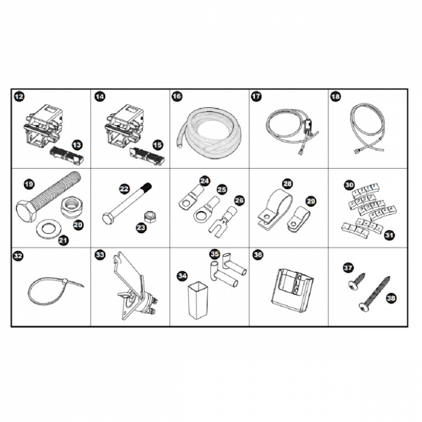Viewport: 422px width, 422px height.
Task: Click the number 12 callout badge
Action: (19, 96)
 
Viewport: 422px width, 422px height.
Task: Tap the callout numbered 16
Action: (176, 96)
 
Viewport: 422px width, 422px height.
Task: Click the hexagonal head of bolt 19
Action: (26, 212)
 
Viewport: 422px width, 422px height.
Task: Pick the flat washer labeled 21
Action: (49, 229)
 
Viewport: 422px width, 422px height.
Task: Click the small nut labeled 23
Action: (149, 217)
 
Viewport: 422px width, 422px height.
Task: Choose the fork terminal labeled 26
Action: (223, 222)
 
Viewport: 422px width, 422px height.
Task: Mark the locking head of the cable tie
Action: (65, 282)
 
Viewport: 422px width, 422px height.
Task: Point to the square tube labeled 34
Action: (198, 300)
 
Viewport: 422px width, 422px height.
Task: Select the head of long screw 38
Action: (364, 307)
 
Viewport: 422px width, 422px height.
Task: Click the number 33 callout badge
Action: (100, 254)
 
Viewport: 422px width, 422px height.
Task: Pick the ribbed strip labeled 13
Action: (66, 155)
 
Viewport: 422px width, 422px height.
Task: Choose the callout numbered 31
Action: (389, 235)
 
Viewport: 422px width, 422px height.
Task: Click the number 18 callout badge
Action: (335, 96)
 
